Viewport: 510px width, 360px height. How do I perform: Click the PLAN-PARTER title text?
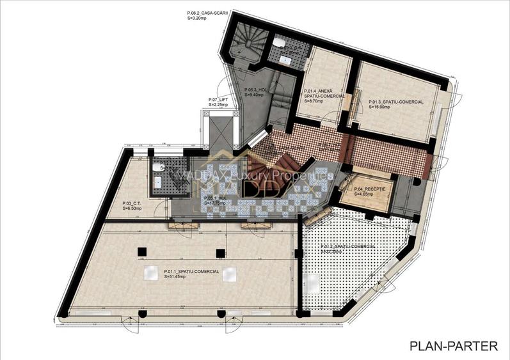click(454, 346)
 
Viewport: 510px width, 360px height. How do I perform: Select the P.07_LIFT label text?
click(218, 100)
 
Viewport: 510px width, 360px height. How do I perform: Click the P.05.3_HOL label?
click(259, 90)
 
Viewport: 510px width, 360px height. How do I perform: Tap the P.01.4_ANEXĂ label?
click(319, 90)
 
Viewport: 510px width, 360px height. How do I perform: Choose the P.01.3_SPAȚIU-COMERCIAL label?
click(396, 102)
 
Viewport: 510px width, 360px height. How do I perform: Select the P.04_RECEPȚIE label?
click(371, 189)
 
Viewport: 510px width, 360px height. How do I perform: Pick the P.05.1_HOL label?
click(216, 198)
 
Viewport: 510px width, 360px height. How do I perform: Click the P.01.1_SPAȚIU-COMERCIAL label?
click(191, 271)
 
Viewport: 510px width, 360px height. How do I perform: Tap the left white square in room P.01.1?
click(150, 273)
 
